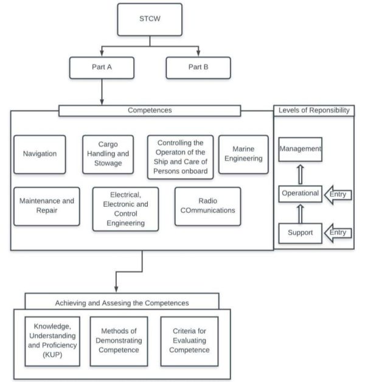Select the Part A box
[102, 68]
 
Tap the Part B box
[198, 68]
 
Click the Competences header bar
[150, 111]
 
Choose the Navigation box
[40, 154]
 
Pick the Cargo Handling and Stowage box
[108, 154]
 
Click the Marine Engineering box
[243, 154]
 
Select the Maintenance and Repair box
[46, 206]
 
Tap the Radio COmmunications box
[207, 206]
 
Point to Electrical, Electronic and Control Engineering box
[125, 209]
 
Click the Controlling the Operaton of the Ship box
[181, 157]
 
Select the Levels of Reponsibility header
[313, 110]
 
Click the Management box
[300, 149]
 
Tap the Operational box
[300, 193]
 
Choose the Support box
[300, 233]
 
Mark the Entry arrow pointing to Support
[338, 233]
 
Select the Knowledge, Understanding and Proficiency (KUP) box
[52, 340]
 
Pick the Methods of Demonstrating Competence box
[119, 340]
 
